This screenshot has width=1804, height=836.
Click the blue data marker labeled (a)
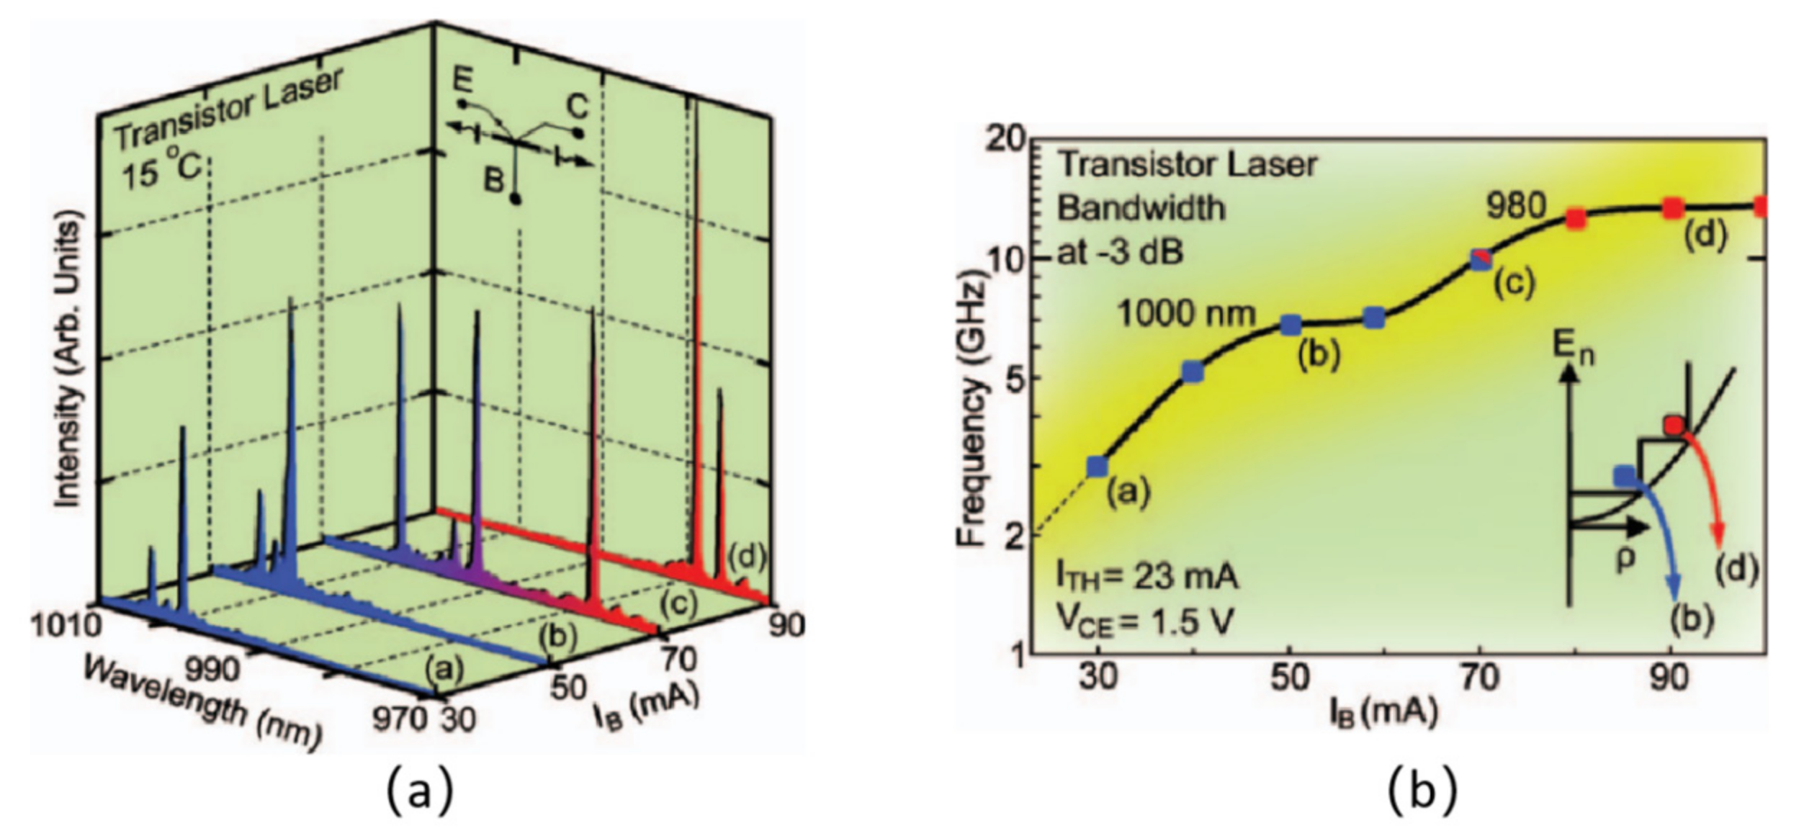(1096, 467)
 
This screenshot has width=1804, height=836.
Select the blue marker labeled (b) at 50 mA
(1291, 325)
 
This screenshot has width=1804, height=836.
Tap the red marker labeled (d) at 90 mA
(1672, 209)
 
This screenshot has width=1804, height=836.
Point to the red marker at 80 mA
(1576, 219)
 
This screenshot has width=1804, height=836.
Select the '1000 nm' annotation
(1186, 314)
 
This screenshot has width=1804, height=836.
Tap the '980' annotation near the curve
(1516, 207)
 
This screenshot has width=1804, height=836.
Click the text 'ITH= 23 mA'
(1146, 577)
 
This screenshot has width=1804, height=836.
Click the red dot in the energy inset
(1674, 426)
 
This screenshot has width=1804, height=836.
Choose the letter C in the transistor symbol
(577, 108)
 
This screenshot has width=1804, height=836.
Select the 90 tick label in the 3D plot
(786, 624)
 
